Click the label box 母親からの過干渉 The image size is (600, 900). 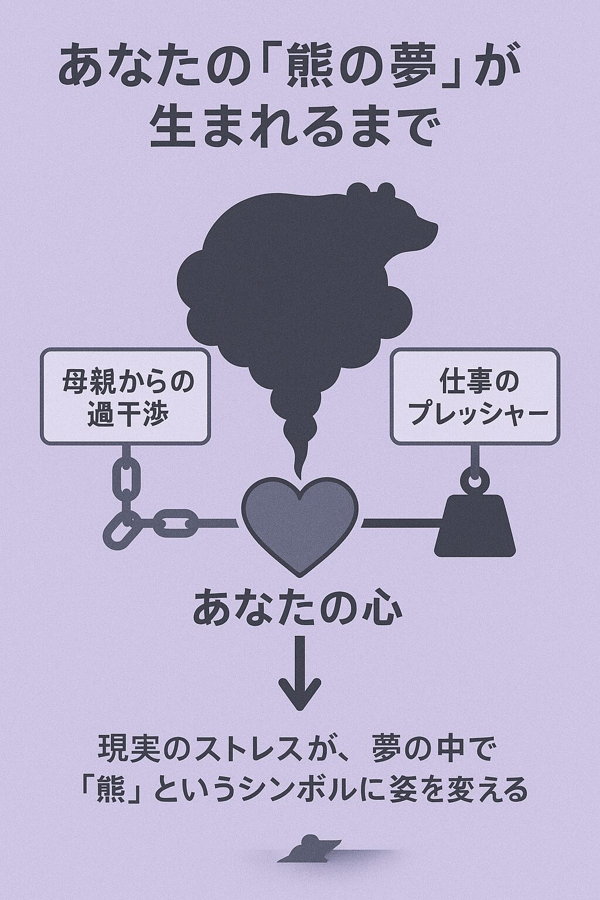point(125,397)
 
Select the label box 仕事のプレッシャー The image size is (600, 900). point(475,397)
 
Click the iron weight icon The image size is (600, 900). point(475,526)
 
